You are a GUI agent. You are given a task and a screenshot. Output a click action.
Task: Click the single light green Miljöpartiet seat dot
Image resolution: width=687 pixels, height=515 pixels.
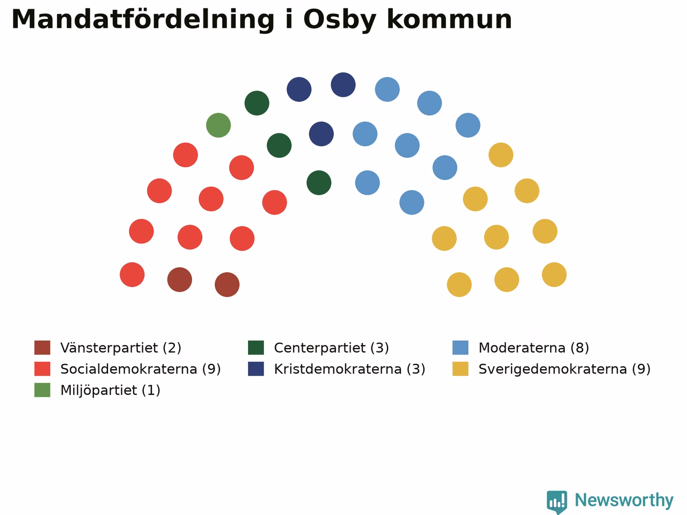click(218, 126)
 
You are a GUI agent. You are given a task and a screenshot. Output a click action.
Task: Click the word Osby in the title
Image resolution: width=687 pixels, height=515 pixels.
click(340, 20)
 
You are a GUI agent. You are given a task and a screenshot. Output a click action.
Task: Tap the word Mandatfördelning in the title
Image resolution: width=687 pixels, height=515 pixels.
click(143, 19)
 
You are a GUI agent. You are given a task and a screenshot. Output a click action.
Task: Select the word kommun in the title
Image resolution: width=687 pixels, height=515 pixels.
click(449, 19)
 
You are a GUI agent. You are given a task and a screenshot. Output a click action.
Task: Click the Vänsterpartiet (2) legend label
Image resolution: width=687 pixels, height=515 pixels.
click(121, 348)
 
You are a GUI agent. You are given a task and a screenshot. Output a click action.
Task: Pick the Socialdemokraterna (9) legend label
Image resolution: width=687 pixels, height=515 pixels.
click(141, 369)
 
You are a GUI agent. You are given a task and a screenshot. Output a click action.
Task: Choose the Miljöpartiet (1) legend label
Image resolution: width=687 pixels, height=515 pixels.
click(110, 390)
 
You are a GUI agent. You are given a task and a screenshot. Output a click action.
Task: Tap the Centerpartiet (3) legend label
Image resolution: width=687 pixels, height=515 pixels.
click(332, 348)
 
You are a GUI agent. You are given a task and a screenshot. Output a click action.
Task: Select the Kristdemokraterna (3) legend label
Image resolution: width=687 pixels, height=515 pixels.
click(349, 369)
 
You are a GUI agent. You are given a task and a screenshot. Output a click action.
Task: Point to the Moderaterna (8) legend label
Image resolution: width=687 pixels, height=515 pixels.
click(533, 348)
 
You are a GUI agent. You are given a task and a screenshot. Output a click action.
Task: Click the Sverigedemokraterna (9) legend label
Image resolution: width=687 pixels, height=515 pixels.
click(565, 369)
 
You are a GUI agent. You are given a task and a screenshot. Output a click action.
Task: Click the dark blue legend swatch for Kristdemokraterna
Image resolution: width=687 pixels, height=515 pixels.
click(256, 369)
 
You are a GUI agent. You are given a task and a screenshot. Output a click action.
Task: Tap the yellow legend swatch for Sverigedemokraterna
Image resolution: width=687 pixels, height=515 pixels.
click(461, 369)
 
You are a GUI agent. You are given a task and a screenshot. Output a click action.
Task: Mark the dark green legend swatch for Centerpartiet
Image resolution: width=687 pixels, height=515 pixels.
click(256, 348)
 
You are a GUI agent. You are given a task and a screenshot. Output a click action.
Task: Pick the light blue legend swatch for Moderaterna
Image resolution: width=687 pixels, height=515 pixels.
click(461, 348)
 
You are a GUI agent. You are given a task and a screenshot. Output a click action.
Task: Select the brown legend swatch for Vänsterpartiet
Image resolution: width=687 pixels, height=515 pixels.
click(42, 348)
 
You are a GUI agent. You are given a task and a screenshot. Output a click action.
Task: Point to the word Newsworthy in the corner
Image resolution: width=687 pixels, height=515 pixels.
click(624, 501)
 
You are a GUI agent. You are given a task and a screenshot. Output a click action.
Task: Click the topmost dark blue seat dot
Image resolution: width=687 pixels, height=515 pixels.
click(343, 85)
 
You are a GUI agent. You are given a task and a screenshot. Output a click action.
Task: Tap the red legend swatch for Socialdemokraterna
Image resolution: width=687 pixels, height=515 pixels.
click(42, 369)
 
